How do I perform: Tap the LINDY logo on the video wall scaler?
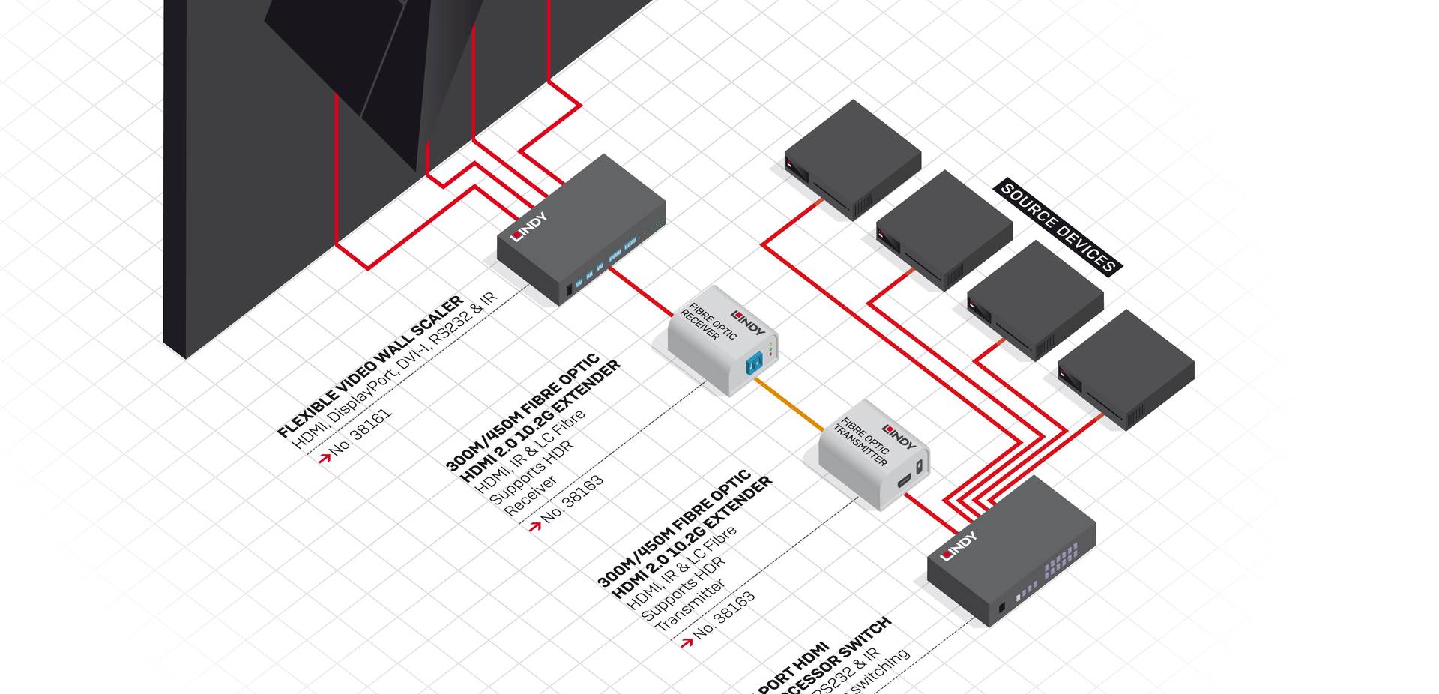[529, 227]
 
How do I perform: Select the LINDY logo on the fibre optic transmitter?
[899, 437]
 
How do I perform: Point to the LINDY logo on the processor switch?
[959, 546]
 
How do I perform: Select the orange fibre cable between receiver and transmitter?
[788, 405]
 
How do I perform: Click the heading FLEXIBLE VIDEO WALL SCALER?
[370, 366]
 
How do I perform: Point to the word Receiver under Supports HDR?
[530, 495]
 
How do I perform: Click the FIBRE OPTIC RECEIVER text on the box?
[707, 322]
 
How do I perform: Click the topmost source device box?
[852, 159]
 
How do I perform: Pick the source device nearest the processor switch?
[1125, 369]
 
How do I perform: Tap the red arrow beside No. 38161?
[324, 457]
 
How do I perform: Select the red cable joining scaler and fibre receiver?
[641, 292]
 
